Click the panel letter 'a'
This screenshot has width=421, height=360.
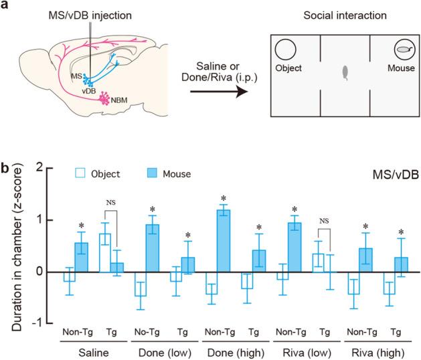[x=5, y=6]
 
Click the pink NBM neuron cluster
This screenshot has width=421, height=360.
[x=104, y=100]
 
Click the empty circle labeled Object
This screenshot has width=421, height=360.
[x=286, y=50]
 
